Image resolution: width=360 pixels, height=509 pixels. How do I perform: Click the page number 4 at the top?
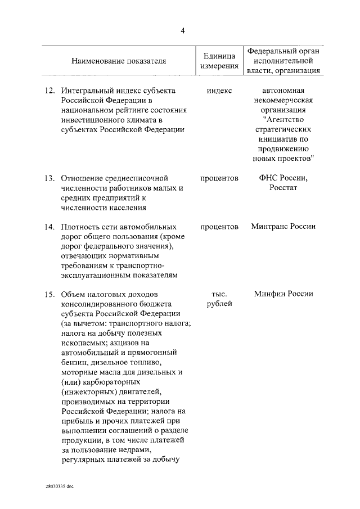tap(183, 30)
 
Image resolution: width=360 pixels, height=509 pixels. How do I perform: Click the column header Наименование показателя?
tap(119, 61)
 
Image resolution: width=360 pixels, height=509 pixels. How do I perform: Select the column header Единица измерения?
tap(219, 61)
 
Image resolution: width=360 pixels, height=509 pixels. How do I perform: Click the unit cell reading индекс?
tap(219, 91)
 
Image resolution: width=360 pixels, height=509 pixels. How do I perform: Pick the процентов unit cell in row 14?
tap(219, 227)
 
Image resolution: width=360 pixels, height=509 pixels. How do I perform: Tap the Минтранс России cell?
tap(283, 227)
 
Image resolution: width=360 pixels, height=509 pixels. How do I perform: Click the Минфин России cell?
tap(283, 294)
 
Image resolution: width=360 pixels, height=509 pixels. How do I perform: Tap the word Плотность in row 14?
tap(80, 227)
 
